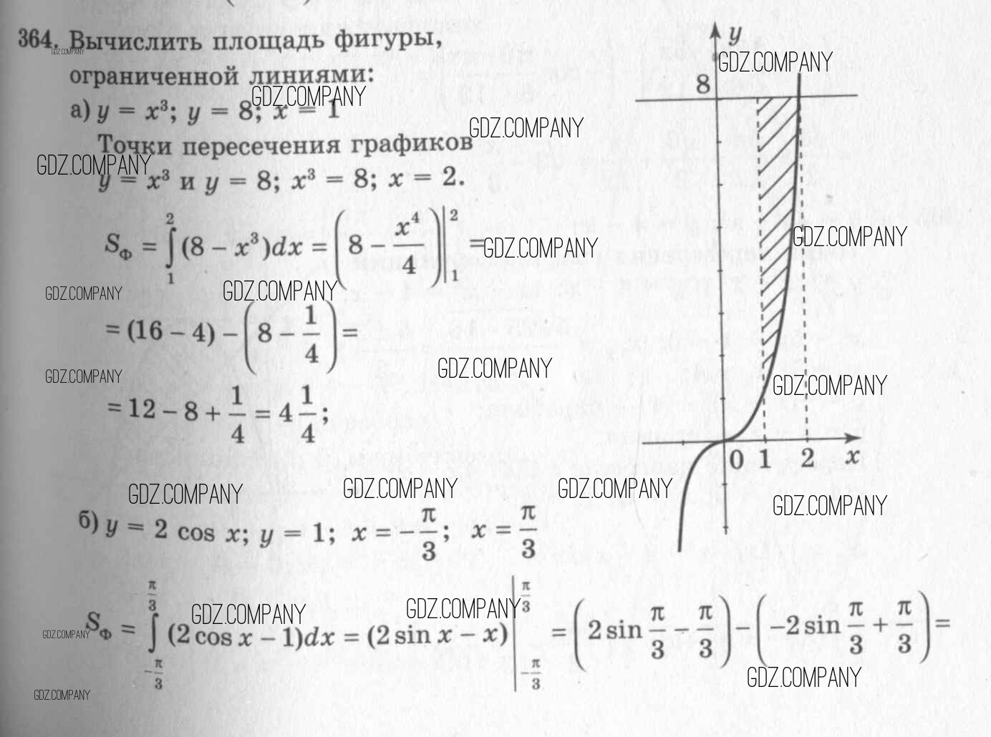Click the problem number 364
[42, 39]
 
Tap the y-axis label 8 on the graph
[702, 84]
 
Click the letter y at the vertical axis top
[735, 34]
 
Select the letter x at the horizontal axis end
[851, 457]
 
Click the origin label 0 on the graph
[737, 460]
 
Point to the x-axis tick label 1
[765, 459]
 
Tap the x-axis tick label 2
[808, 458]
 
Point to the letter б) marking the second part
[88, 523]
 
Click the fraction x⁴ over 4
[408, 248]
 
